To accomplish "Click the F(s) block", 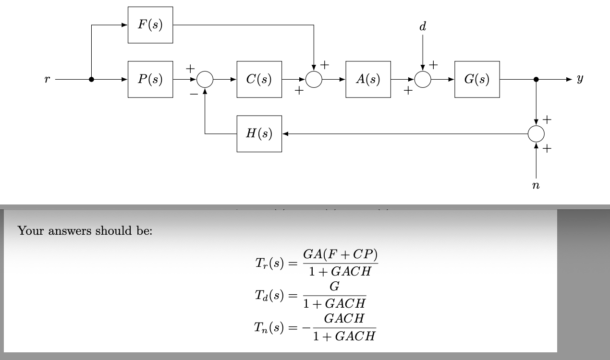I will point(150,25).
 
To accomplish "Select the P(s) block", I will point(150,79).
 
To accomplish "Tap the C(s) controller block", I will point(259,79).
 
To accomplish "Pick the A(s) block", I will point(368,79).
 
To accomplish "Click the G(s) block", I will point(477,79).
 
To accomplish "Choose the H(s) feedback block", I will point(259,134).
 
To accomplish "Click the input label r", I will point(47,80).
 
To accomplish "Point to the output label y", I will point(580,80).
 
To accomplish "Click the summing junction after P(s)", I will point(205,80).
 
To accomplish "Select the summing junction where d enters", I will point(423,80).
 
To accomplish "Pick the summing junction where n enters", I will point(536,134).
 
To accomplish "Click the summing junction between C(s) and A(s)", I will point(314,80).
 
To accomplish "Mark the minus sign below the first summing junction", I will point(193,95).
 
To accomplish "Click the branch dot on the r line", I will point(91,80).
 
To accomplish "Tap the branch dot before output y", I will point(536,80).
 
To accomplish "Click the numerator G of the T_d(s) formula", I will point(335,287).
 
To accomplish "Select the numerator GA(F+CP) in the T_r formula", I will point(341,254).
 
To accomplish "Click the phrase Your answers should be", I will point(85,231).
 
